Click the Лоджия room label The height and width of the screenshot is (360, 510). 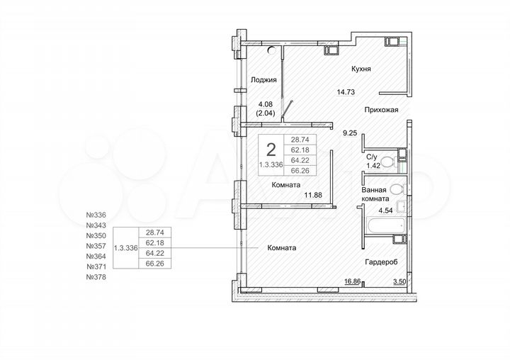click(263, 81)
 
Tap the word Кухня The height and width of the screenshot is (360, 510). click(361, 69)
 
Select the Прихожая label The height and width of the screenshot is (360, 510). click(382, 110)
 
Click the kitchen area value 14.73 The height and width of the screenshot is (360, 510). click(345, 91)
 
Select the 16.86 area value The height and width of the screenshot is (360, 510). click(353, 281)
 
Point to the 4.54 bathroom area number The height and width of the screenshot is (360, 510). click(385, 210)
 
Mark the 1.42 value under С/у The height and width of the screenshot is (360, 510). click(373, 166)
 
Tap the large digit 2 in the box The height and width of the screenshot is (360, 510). click(271, 150)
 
